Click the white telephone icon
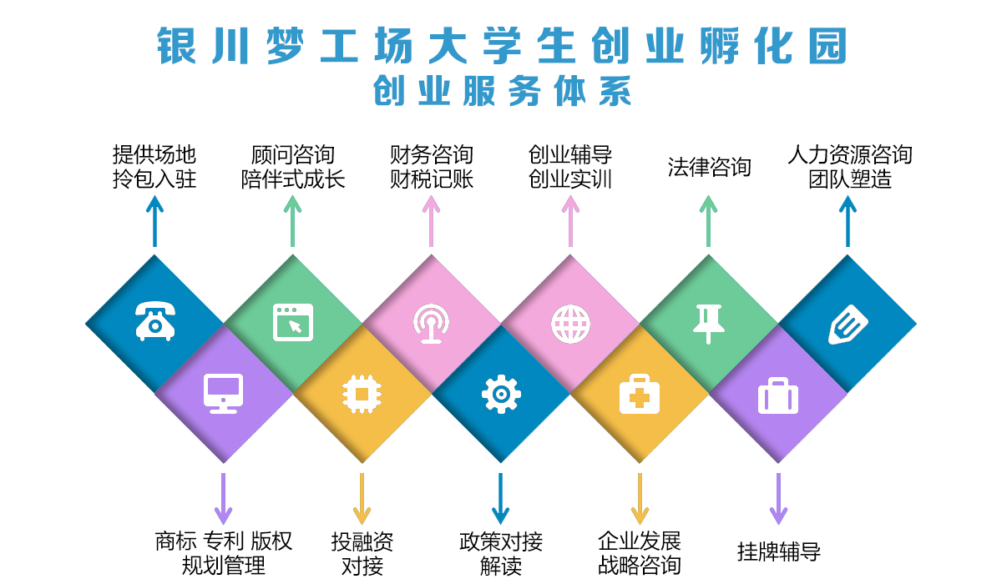point(155,321)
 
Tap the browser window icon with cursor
point(293,322)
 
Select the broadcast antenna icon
point(431,323)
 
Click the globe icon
point(570,324)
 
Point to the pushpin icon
point(708,324)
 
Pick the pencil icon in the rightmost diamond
point(848,325)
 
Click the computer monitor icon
point(223,393)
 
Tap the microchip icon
point(362,394)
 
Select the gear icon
point(501,394)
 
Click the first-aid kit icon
point(640,394)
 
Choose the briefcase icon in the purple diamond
point(778,396)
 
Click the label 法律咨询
point(709,167)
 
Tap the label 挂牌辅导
point(779,551)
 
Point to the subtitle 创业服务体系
point(502,91)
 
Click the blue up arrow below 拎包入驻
point(154,222)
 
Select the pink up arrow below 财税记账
point(431,222)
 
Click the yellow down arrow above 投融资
point(362,499)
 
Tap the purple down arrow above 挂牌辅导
point(778,499)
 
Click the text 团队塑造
point(850,179)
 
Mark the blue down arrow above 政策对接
point(500,499)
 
